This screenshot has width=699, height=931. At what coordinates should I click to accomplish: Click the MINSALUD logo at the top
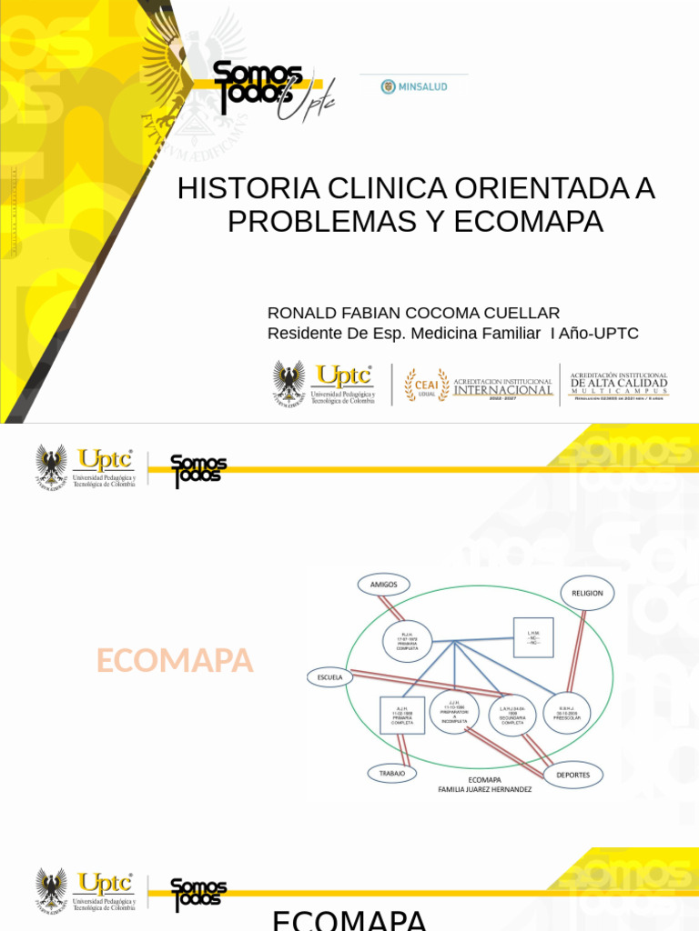pos(414,86)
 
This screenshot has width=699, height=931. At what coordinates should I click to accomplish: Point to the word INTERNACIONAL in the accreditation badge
pos(503,390)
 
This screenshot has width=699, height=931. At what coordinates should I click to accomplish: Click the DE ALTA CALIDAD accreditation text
pos(619,384)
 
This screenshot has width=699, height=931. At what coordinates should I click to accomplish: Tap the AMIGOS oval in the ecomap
pos(384,585)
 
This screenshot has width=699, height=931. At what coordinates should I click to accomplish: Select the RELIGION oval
pos(587,593)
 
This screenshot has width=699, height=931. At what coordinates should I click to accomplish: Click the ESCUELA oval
pos(330,677)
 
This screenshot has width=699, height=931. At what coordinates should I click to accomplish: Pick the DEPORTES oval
pos(573,775)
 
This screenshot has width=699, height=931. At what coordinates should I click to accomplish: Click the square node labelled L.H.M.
pos(533,638)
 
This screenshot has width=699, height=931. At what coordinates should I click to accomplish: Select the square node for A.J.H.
pos(402,715)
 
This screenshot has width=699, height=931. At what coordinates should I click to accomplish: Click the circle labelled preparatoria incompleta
pos(454,711)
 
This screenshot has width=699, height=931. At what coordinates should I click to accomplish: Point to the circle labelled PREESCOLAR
pos(566,714)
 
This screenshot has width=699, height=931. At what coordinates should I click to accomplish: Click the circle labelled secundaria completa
pos(512,716)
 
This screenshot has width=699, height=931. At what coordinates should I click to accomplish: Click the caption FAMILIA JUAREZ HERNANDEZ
pos(485,789)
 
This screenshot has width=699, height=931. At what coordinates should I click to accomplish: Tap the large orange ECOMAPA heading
pos(175,662)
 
